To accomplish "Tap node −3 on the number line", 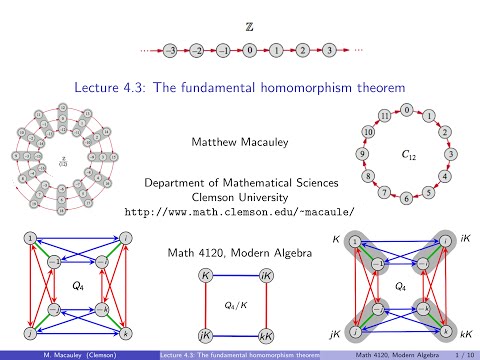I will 173,47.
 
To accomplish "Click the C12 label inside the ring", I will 406,156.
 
